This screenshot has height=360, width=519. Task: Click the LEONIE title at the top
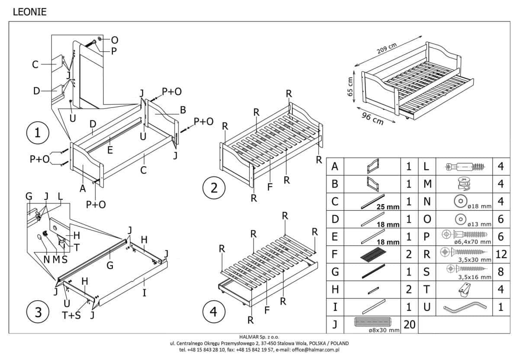(29, 13)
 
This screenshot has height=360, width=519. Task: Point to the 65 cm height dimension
(351, 87)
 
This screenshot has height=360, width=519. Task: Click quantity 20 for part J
(409, 325)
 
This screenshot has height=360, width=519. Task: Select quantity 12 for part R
(501, 254)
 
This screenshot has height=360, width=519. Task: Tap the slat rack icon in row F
(372, 254)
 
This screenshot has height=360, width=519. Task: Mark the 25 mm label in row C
(388, 207)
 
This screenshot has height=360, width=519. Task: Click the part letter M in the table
(427, 184)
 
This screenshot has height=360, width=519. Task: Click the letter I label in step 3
(144, 293)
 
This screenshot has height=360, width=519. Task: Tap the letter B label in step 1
(183, 110)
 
